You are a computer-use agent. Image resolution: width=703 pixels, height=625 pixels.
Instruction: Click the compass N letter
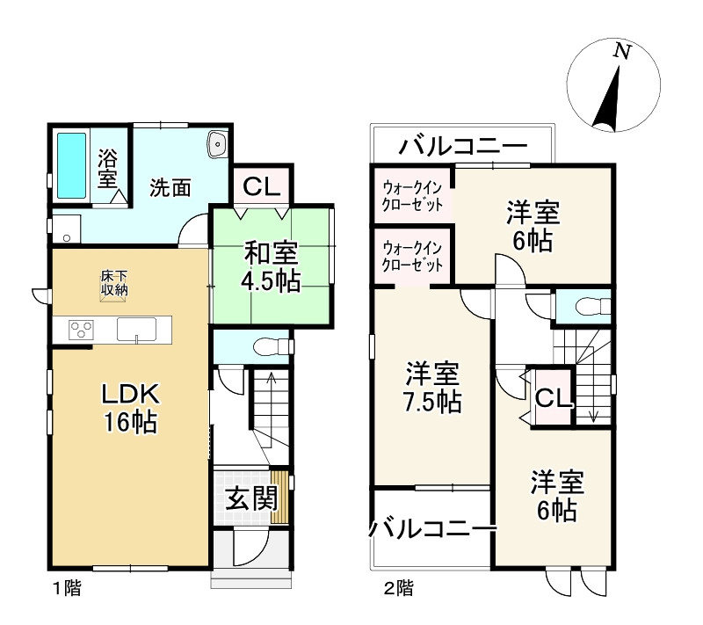622,53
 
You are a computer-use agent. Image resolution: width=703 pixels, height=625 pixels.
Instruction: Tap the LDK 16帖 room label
130,407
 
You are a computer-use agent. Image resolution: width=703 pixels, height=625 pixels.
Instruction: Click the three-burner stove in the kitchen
82,331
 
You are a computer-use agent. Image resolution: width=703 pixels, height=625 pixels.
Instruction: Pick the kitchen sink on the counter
136,331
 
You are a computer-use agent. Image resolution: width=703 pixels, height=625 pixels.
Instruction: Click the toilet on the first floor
266,345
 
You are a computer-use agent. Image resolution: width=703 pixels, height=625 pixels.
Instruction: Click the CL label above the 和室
261,186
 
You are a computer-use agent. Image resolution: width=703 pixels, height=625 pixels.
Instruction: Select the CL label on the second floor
554,398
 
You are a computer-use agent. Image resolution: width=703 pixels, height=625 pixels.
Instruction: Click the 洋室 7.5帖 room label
432,388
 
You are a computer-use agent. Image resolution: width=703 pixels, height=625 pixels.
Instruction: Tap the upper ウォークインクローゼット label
411,194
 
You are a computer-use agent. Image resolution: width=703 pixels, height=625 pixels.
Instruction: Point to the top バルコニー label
462,145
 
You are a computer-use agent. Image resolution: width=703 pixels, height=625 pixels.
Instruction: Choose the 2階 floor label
396,588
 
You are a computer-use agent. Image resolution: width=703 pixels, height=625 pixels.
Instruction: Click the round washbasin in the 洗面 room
216,144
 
